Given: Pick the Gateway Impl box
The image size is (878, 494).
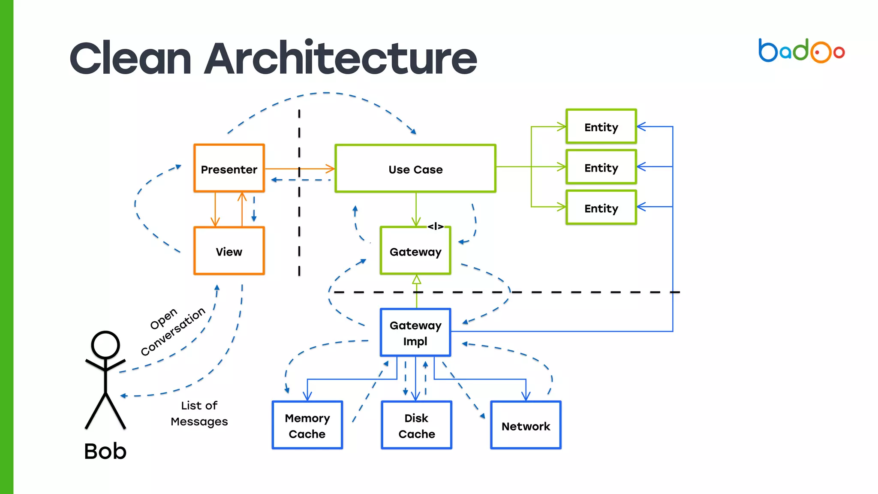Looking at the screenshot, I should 415,333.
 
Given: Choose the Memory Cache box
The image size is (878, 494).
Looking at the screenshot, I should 307,425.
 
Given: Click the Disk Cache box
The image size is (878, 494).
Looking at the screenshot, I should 416,425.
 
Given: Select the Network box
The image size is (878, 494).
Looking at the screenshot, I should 526,425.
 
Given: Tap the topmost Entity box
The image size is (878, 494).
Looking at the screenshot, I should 601,127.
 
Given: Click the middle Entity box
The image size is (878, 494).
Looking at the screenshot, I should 601,167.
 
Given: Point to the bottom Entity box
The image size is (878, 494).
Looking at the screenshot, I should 601,208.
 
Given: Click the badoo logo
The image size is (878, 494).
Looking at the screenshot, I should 801,51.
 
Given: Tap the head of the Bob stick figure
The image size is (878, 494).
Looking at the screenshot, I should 105,344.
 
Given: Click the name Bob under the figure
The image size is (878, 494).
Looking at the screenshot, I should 105,451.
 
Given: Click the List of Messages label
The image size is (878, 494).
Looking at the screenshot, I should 199,413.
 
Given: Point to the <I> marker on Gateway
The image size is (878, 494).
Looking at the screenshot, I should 436,226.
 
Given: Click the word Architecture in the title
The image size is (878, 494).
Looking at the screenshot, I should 340,58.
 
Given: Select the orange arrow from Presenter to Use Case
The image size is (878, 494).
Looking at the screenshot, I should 300,169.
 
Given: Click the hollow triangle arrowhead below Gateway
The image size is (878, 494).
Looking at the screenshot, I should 416,280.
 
